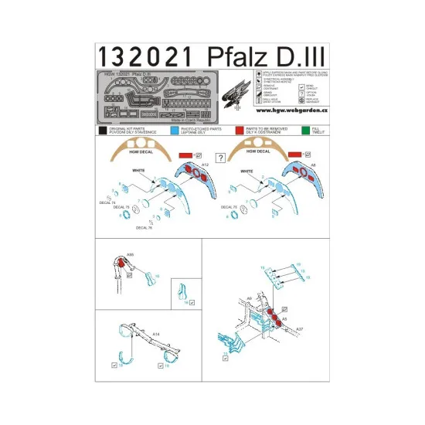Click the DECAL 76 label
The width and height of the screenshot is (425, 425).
pyautogui.click(x=145, y=228)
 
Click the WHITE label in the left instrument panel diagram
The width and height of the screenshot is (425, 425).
pyautogui.click(x=139, y=169)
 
